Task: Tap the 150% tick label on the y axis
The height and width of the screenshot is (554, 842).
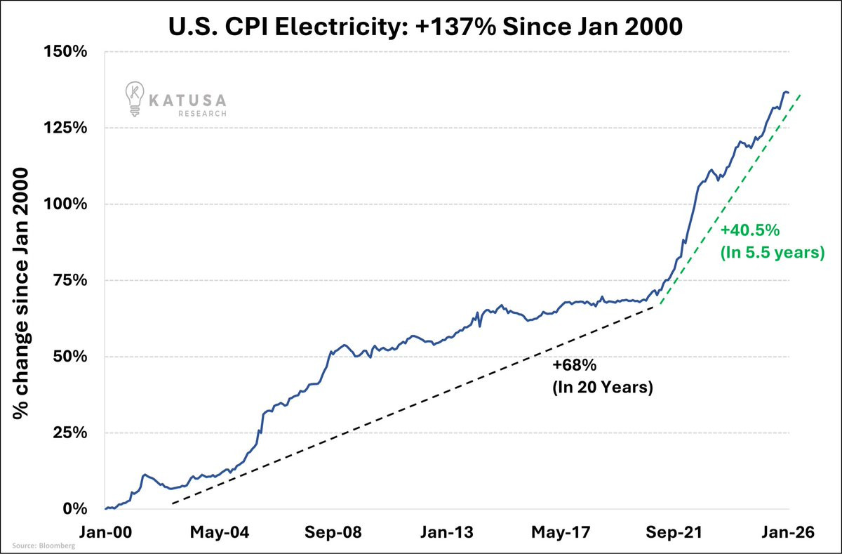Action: (x=67, y=52)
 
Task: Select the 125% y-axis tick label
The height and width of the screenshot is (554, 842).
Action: (x=67, y=128)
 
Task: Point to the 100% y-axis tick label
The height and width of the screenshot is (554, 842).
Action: (x=67, y=204)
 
